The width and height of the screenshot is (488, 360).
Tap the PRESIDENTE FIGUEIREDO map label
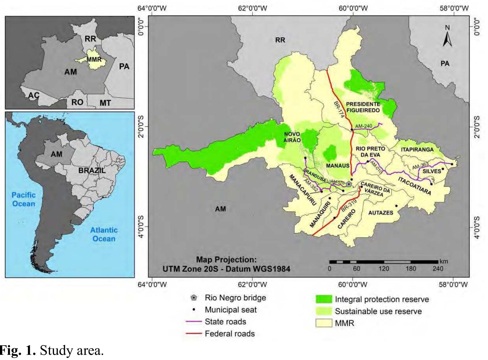(x=363, y=107)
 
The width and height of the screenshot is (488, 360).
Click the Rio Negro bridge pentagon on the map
(x=349, y=184)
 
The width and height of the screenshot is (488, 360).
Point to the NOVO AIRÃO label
(x=292, y=137)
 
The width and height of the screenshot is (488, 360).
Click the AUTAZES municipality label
(x=381, y=213)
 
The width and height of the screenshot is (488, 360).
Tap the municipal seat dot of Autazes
(x=396, y=206)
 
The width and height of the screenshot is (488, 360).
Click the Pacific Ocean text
(x=24, y=199)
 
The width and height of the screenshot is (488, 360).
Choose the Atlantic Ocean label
(x=104, y=234)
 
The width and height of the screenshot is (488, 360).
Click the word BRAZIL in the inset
(x=92, y=170)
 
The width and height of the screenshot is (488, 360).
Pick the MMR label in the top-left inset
(x=94, y=60)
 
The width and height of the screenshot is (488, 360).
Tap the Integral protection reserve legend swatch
(x=324, y=299)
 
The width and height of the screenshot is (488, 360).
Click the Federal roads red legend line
(x=194, y=334)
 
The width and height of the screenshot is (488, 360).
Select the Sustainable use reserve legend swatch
(x=324, y=311)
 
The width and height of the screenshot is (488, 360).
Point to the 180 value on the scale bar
(x=410, y=269)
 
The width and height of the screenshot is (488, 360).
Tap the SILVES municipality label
(x=432, y=171)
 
